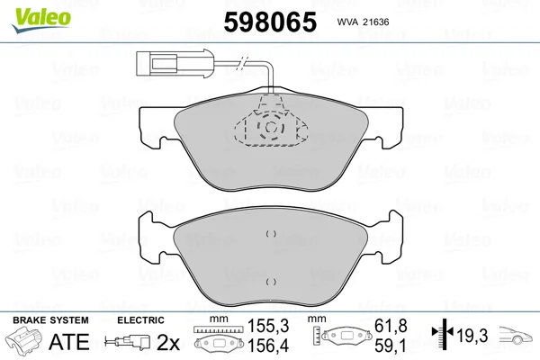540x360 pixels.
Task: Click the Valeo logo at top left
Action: (41, 21)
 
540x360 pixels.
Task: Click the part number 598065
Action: (270, 22)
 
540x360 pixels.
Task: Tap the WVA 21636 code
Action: (363, 22)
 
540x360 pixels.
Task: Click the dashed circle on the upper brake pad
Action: (271, 127)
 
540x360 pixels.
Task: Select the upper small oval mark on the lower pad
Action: (271, 234)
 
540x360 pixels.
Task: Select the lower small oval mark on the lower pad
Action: (271, 282)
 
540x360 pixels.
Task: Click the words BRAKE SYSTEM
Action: (50, 320)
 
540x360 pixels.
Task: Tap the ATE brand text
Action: (69, 341)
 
